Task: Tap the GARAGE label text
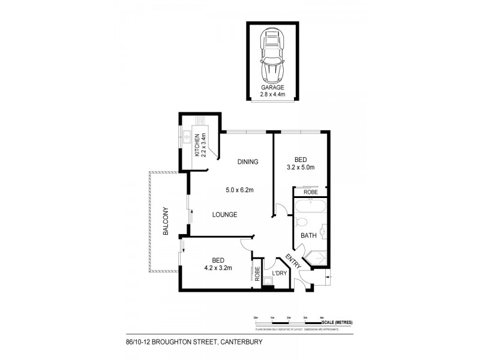point(272,88)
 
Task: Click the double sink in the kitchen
point(187,139)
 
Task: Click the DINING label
point(247,161)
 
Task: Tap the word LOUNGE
point(224,214)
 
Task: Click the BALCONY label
point(163,220)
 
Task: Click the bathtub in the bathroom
point(310,208)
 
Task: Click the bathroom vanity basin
point(323,231)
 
